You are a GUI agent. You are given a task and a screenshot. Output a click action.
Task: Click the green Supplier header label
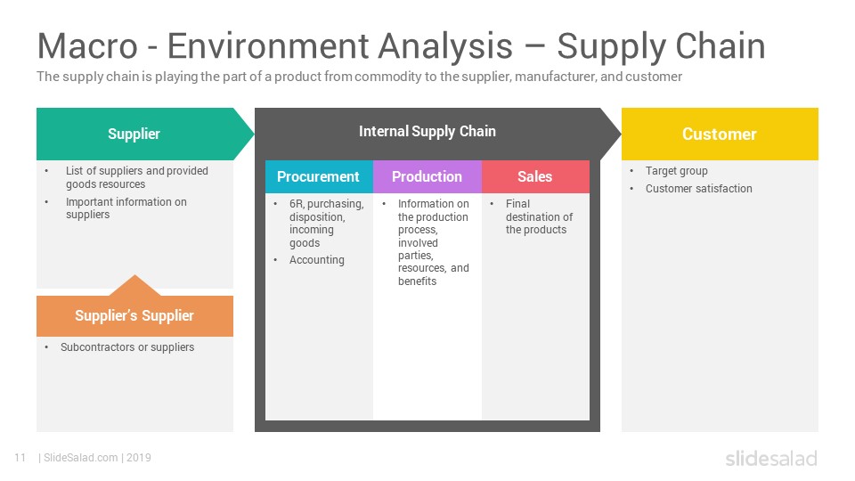coord(134,134)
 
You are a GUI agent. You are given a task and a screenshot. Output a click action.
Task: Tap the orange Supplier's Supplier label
coord(134,315)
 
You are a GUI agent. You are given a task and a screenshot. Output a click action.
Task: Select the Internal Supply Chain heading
coord(427,132)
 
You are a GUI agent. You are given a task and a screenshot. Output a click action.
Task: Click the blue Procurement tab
coord(319,176)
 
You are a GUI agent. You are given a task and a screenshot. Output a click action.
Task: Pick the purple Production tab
coord(427,176)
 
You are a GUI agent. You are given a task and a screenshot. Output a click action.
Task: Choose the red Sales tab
coord(535,176)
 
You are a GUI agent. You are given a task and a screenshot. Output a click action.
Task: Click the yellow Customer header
coord(720,134)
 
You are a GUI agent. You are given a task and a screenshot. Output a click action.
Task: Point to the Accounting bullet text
coord(317,259)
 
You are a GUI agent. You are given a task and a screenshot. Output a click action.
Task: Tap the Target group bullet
coord(677,171)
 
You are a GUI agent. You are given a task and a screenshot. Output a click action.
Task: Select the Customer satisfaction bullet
coord(699,188)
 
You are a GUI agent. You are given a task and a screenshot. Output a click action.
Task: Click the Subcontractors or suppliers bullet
coord(127,346)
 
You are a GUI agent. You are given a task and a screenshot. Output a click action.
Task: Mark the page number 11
coord(20,458)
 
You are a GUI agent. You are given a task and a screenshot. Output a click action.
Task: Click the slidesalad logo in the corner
coord(771,458)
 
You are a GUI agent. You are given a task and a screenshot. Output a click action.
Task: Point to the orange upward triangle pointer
coord(134,285)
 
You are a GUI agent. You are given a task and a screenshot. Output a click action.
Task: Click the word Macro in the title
coord(88,45)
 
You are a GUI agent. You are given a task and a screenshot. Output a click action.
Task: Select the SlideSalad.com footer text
coord(81,458)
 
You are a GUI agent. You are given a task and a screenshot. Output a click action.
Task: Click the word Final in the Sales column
coord(517,203)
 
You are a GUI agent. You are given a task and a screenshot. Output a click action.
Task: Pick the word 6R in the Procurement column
coord(296,203)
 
